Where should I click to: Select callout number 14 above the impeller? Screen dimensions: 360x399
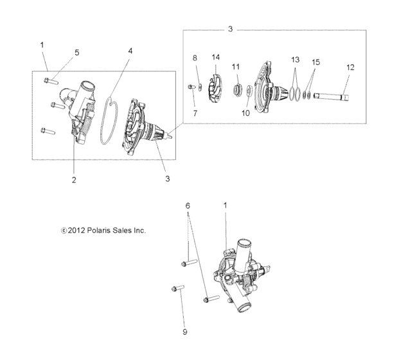click(217, 58)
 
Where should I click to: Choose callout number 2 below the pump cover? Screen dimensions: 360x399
click(74, 180)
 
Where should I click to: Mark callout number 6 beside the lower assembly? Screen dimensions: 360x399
click(188, 205)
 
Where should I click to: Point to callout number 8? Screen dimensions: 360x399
click(195, 59)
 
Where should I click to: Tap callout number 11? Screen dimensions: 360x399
click(236, 67)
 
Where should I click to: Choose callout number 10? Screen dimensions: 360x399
click(244, 113)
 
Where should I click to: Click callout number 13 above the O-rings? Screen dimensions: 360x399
click(295, 60)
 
